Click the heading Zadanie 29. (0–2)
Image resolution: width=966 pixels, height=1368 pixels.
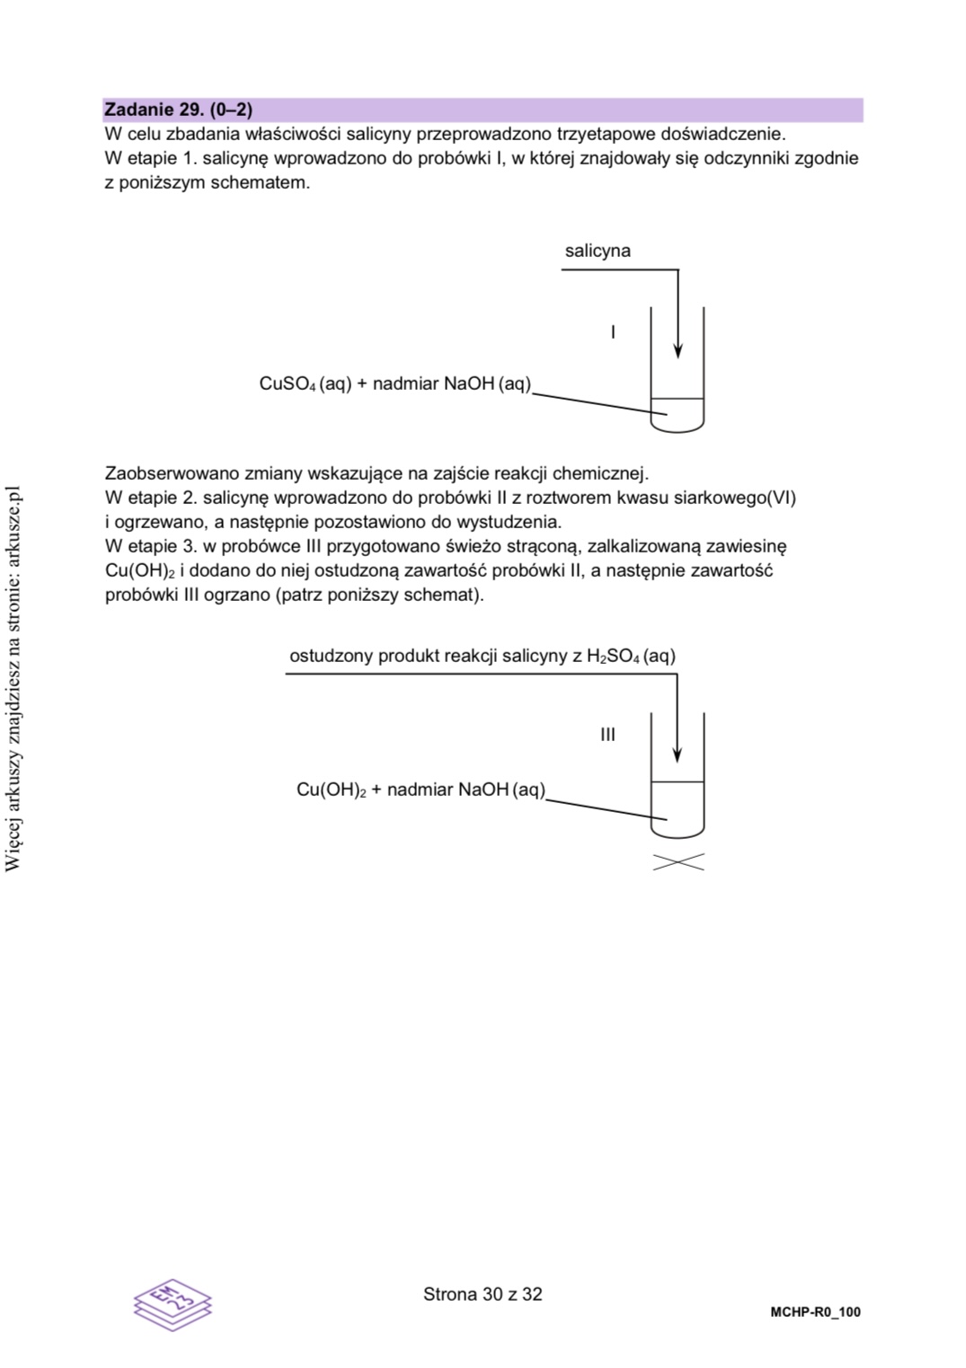[178, 110]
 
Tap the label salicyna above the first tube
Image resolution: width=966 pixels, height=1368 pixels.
[598, 251]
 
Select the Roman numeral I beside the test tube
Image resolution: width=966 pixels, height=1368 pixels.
[613, 332]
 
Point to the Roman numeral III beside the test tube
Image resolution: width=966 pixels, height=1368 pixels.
[607, 735]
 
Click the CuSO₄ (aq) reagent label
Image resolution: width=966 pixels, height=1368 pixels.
[305, 384]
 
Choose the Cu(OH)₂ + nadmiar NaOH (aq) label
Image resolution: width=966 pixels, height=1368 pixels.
[421, 790]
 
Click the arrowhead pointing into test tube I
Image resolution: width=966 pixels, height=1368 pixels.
[678, 349]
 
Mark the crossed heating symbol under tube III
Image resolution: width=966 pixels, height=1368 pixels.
[678, 862]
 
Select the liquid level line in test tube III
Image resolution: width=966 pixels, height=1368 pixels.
[678, 781]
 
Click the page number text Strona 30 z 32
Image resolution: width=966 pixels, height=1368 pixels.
[483, 1294]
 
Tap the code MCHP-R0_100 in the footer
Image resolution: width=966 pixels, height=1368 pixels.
[815, 1312]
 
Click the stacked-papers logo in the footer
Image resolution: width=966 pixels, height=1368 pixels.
[173, 1303]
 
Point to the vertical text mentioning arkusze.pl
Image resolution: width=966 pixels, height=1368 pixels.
[13, 678]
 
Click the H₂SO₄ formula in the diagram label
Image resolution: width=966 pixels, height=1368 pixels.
[613, 657]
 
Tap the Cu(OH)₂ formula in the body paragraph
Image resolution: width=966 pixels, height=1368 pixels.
[139, 571]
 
